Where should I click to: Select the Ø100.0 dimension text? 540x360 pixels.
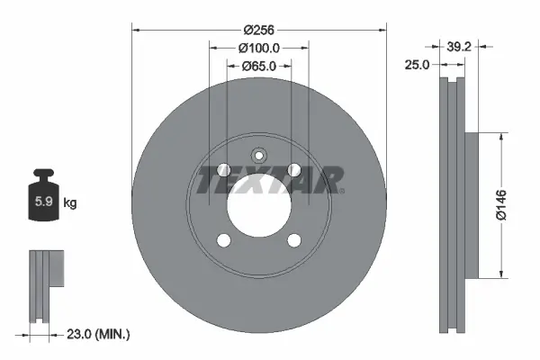259,48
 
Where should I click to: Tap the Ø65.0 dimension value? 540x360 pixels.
259,66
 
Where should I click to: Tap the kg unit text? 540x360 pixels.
70,203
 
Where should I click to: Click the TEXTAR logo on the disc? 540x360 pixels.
269,180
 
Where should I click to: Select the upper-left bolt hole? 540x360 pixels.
224,170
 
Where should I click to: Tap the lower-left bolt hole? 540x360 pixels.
224,239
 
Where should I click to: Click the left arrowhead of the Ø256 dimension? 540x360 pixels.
138,29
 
